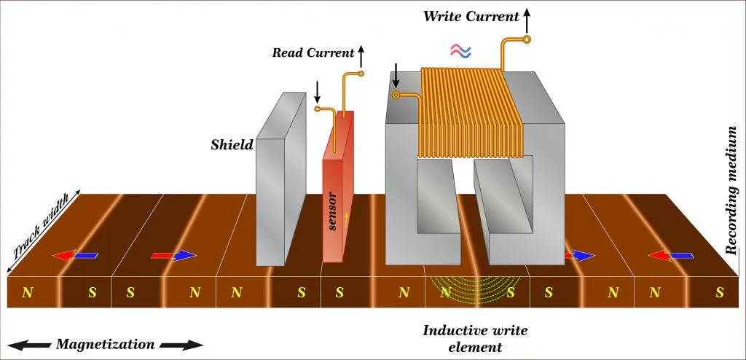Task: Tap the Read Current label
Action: [311, 52]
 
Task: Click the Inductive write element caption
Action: [476, 337]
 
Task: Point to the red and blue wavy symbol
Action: [460, 50]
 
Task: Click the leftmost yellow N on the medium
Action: [28, 293]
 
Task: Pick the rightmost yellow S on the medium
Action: [719, 293]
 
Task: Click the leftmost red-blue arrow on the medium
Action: [75, 256]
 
